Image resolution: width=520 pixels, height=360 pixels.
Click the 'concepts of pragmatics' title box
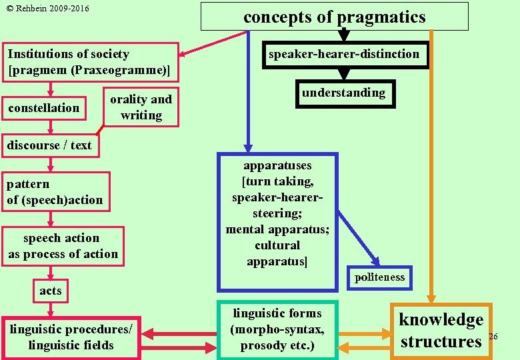(x=335, y=17)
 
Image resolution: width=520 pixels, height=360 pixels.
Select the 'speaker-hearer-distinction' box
(x=344, y=54)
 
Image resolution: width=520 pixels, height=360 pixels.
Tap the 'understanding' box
(x=343, y=93)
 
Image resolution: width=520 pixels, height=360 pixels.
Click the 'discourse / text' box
(x=49, y=145)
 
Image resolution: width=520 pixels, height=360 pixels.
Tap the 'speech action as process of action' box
(x=62, y=246)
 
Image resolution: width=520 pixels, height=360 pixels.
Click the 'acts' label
(x=50, y=290)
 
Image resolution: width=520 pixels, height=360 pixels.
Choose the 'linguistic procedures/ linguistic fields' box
(x=71, y=337)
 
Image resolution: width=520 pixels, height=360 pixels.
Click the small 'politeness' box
(x=379, y=277)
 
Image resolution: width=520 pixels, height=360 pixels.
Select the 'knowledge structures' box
(x=441, y=331)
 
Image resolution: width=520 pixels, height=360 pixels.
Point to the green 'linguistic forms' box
(x=277, y=329)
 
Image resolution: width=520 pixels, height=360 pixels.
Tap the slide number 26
(x=493, y=337)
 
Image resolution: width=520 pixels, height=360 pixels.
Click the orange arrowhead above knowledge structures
(x=431, y=299)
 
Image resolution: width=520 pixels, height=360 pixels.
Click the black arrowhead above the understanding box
(x=344, y=75)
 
